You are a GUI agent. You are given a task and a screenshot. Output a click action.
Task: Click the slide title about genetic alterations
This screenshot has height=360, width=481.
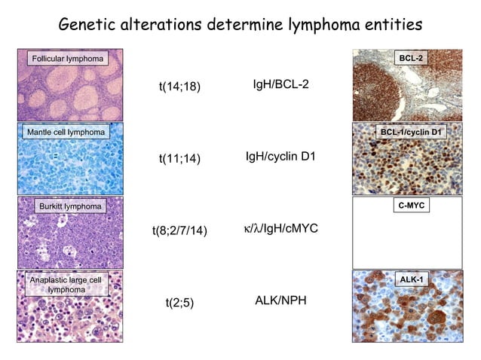(240, 25)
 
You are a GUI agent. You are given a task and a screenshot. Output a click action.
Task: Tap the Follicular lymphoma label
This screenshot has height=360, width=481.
(66, 58)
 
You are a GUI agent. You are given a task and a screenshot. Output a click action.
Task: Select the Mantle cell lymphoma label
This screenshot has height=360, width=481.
(64, 133)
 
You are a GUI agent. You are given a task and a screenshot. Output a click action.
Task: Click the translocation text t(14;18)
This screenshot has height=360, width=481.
(179, 87)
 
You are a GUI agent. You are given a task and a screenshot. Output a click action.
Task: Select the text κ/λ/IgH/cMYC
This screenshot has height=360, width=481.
(280, 228)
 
